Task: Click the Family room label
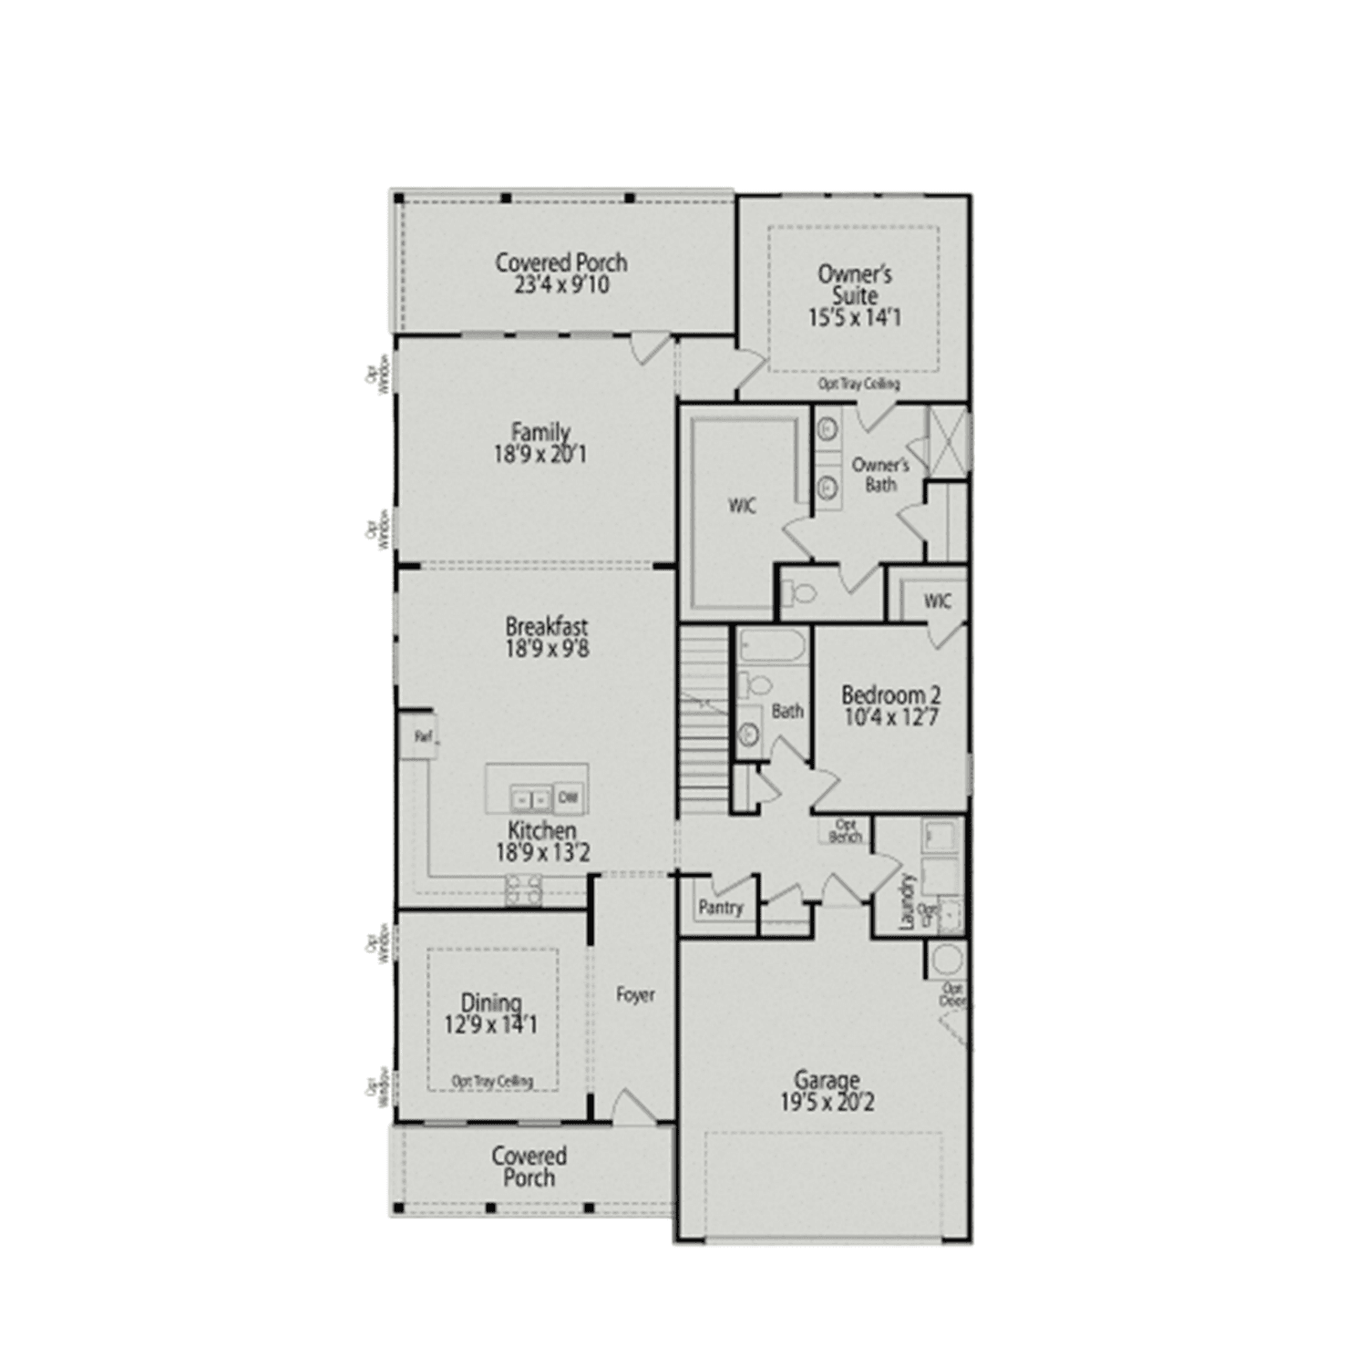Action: [x=540, y=432]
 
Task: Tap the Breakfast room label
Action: [x=547, y=627]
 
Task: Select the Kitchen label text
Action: [x=542, y=830]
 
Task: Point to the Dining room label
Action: [x=491, y=1003]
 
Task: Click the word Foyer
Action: [x=635, y=995]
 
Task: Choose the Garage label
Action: [x=827, y=1080]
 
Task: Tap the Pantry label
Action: [x=720, y=908]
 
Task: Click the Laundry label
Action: [x=907, y=901]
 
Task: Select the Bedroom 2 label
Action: [x=890, y=695]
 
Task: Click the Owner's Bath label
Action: [x=880, y=475]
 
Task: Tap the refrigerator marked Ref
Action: [x=423, y=736]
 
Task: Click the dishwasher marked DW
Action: [x=568, y=797]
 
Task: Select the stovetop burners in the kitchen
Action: [x=524, y=889]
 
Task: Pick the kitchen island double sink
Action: [x=530, y=799]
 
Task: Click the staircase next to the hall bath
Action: [x=704, y=720]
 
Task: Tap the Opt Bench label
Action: [x=846, y=831]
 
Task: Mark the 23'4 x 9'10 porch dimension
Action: [x=561, y=285]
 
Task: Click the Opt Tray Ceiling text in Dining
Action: [x=492, y=1081]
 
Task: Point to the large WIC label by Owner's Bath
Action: [x=742, y=506]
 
